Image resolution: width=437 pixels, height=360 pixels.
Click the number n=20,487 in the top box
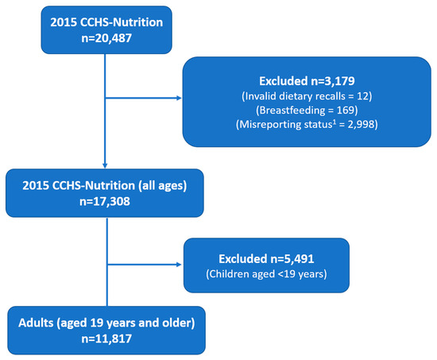106,38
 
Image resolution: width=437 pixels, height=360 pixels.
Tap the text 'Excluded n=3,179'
307,81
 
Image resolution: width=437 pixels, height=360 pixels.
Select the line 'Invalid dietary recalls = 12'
307,96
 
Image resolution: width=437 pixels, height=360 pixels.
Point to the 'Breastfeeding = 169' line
307,110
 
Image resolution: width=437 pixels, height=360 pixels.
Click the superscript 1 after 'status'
334,122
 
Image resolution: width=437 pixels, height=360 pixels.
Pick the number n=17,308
105,202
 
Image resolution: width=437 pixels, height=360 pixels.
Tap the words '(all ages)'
162,186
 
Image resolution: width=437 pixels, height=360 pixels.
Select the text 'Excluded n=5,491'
266,259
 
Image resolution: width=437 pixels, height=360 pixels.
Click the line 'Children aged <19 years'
266,274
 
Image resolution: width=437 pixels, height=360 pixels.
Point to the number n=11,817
106,339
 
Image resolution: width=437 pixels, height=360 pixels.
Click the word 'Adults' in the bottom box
36,323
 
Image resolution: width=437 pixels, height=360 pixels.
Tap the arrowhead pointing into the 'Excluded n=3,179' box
180,98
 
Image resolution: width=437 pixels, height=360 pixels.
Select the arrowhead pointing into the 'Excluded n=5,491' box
180,265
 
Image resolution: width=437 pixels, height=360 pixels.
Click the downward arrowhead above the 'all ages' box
105,165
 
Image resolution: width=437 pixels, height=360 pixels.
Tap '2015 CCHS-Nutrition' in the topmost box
106,22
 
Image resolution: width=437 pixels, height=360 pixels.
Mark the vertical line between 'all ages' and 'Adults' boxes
107,261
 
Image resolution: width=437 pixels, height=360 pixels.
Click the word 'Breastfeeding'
292,110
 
